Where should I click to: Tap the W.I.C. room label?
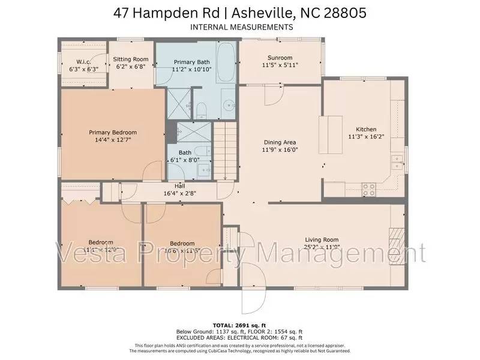click(83, 62)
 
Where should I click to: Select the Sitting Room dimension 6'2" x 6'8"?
click(131, 67)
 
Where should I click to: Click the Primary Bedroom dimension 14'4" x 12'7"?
click(113, 140)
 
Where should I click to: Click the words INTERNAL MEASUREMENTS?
click(241, 27)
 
